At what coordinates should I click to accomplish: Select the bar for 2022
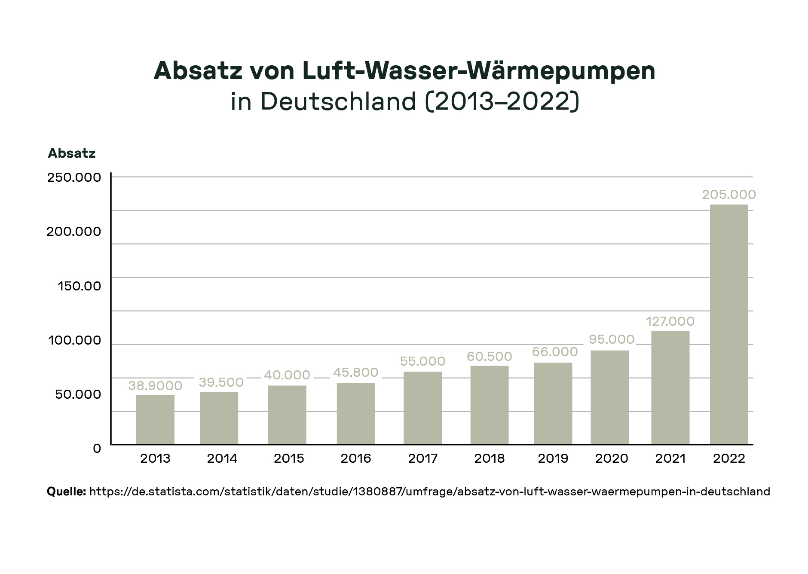(728, 324)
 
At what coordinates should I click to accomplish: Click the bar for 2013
(155, 419)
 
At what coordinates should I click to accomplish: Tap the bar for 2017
(422, 408)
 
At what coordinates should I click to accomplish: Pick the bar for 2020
(609, 397)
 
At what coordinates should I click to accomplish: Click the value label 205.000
(728, 195)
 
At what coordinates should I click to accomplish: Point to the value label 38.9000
(155, 386)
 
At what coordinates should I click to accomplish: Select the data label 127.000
(670, 321)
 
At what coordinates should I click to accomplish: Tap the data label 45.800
(355, 372)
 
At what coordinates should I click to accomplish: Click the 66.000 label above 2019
(554, 352)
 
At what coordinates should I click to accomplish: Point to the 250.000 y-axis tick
(74, 177)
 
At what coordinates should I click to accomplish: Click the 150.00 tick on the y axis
(80, 286)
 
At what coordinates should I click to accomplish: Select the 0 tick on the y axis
(97, 448)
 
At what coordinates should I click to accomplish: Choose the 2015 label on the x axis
(289, 458)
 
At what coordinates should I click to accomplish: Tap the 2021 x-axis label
(670, 458)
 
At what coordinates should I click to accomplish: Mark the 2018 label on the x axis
(489, 458)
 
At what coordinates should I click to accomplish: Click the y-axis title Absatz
(71, 153)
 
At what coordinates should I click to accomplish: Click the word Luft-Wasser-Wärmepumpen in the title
(478, 71)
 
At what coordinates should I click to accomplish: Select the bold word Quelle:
(66, 492)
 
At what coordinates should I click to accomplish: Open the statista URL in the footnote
(429, 492)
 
